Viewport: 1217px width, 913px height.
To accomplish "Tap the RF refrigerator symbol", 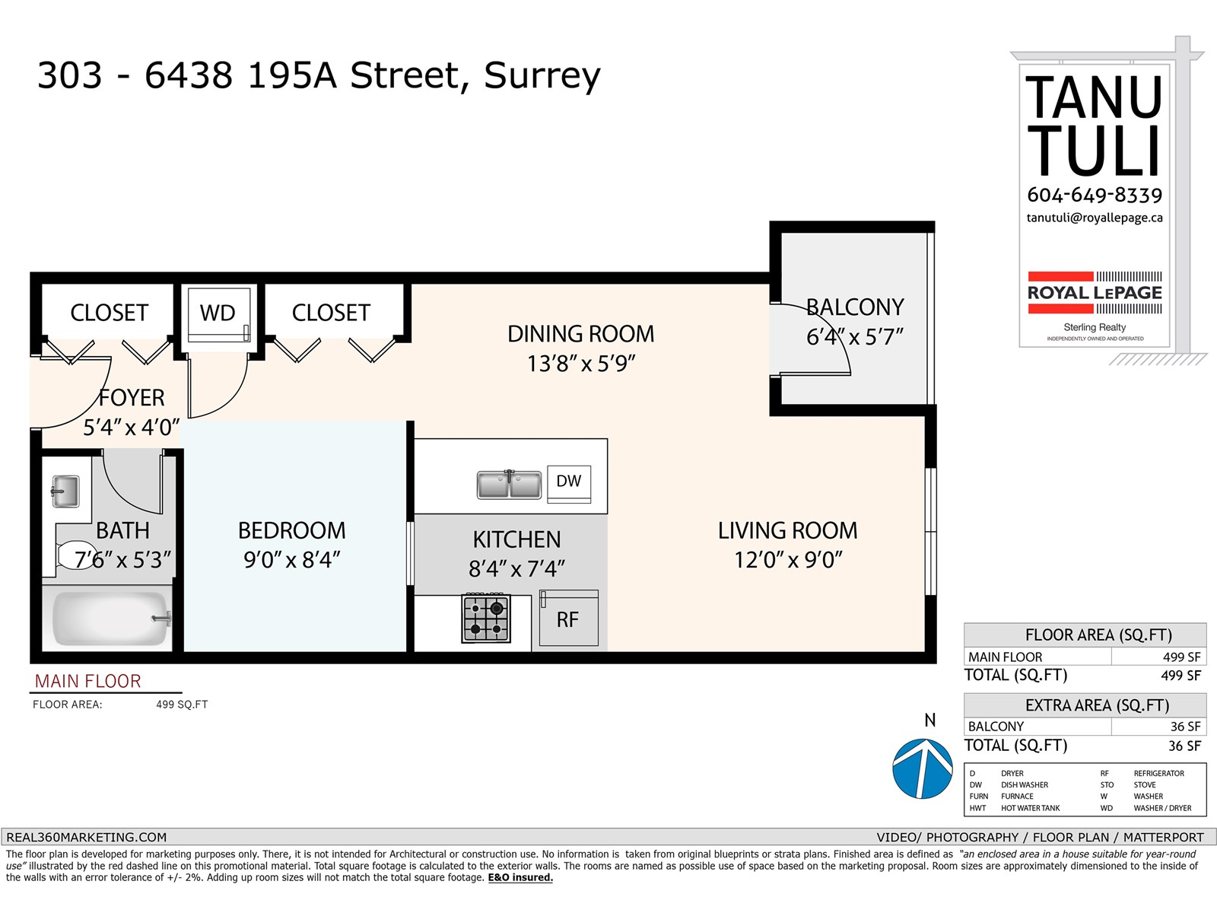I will point(568,619).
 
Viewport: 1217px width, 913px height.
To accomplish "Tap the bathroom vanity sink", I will point(65,491).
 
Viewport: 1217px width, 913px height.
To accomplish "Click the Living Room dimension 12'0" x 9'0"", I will point(788,561).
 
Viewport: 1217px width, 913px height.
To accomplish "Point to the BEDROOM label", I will point(291,530).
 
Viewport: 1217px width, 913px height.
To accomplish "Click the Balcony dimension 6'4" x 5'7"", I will point(855,337).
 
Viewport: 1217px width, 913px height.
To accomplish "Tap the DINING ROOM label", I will point(580,334).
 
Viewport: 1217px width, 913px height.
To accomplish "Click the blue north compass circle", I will point(922,768).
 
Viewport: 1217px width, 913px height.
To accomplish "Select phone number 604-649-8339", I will point(1095,196).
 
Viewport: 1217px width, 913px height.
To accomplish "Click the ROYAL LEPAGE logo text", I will point(1095,293).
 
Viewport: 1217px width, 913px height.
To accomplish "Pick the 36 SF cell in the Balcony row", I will point(1184,727).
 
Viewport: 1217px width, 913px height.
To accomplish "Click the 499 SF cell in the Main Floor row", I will point(1181,657).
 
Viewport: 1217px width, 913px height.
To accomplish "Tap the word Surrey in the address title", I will point(542,75).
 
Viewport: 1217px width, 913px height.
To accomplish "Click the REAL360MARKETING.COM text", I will point(86,837).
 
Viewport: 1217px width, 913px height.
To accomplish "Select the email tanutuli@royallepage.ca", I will point(1095,218).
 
